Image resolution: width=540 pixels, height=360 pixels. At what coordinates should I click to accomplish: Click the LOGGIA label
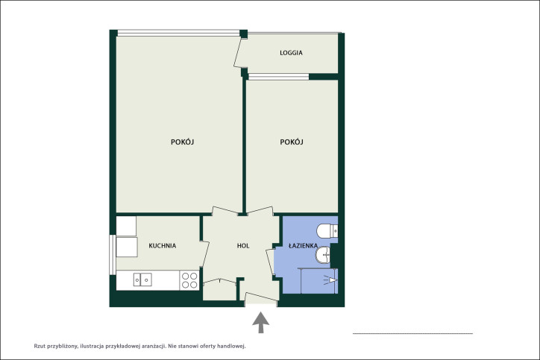click(291, 53)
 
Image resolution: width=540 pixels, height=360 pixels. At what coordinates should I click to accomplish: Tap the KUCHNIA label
click(162, 246)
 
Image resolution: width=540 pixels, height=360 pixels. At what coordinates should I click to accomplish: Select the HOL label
click(243, 246)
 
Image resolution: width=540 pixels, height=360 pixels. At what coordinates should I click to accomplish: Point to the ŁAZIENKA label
click(303, 245)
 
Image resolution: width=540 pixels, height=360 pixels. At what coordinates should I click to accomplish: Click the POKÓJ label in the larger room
click(183, 142)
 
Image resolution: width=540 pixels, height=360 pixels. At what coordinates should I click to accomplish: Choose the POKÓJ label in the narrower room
click(292, 142)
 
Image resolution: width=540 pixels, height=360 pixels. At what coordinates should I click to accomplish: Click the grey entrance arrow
click(261, 323)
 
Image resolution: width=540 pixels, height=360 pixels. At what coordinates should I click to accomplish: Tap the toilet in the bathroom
click(327, 230)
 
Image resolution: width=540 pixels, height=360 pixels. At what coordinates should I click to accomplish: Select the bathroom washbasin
click(323, 255)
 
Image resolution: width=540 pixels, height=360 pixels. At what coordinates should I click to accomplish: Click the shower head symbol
click(330, 280)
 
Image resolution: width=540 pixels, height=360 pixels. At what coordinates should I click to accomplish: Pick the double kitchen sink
click(142, 280)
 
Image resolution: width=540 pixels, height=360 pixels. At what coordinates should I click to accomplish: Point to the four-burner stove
click(189, 280)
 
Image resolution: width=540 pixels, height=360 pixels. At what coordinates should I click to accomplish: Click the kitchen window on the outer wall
click(113, 255)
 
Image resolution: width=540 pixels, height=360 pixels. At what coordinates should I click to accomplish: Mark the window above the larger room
click(178, 33)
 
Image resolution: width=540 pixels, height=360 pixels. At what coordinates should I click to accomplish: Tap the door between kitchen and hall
click(204, 255)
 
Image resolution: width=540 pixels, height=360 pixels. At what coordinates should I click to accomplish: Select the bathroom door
click(270, 262)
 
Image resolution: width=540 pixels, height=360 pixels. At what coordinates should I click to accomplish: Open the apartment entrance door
click(261, 297)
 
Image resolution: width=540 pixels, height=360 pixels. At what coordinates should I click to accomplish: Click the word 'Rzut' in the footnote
click(39, 346)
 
